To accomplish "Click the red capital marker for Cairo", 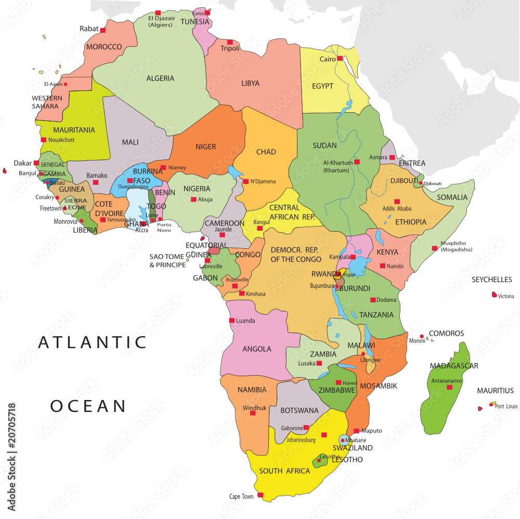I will tap(340, 59).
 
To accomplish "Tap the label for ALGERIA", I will tap(160, 78).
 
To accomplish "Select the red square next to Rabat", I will tap(103, 30).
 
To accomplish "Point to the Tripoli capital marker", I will tap(230, 42).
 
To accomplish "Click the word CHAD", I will tap(266, 152).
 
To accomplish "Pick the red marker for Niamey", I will tap(163, 167).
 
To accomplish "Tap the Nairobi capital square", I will tap(382, 266).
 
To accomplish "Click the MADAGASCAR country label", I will tap(454, 366).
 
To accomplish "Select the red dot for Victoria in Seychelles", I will tap(494, 295).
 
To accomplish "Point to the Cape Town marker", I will tap(260, 495).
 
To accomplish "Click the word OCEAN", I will tap(88, 406).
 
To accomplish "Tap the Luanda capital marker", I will tap(231, 321).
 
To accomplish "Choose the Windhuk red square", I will tap(253, 413).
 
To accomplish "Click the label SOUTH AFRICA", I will tap(284, 471).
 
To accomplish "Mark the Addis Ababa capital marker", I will tap(397, 202).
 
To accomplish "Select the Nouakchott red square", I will tap(44, 140).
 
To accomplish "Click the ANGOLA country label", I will tap(257, 349).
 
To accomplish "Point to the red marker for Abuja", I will tap(193, 199).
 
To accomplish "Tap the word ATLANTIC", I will tap(93, 342).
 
